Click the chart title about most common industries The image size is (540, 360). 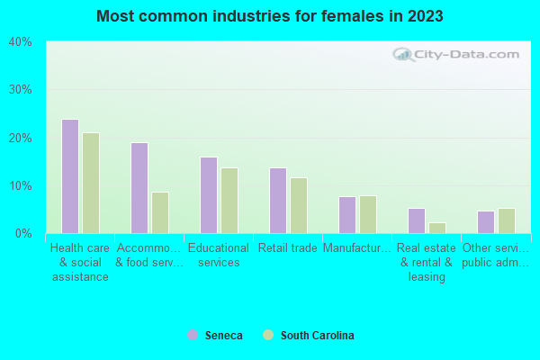click(x=270, y=16)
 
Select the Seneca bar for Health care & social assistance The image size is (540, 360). click(x=70, y=176)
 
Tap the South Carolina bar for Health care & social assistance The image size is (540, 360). click(x=91, y=183)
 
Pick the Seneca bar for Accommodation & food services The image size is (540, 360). click(x=139, y=188)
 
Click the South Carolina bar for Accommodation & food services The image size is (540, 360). click(x=160, y=212)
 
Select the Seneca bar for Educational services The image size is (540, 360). click(x=209, y=195)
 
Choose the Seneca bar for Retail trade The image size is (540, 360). click(x=278, y=201)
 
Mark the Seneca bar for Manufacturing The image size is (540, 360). click(x=347, y=215)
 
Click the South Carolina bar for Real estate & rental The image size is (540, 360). click(x=437, y=228)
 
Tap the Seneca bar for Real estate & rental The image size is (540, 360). click(x=417, y=220)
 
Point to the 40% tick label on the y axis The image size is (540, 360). click(x=20, y=42)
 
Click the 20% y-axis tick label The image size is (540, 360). click(x=20, y=138)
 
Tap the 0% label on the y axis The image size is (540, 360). click(x=22, y=234)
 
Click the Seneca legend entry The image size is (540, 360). click(x=215, y=336)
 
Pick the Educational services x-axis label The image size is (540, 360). click(x=219, y=255)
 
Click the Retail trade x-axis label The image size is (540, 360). click(x=287, y=248)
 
